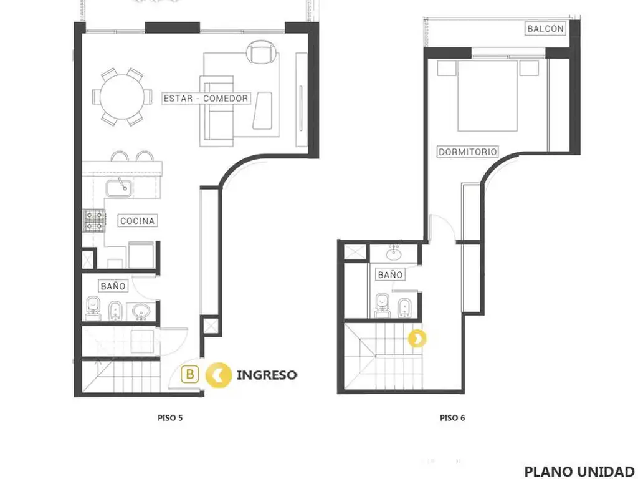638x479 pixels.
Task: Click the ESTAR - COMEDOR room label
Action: pyautogui.click(x=206, y=98)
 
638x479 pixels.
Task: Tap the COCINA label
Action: pyautogui.click(x=138, y=221)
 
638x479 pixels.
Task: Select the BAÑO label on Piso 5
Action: pyautogui.click(x=113, y=286)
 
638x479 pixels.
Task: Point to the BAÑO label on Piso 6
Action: pyautogui.click(x=390, y=274)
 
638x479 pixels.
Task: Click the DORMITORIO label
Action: pyautogui.click(x=468, y=152)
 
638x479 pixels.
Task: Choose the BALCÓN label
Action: pyautogui.click(x=545, y=29)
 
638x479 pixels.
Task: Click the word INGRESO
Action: pyautogui.click(x=267, y=375)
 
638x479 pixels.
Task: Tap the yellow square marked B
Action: pyautogui.click(x=190, y=374)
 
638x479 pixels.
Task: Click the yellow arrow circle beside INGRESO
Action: pyautogui.click(x=219, y=375)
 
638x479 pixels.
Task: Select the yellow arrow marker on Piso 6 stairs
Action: pyautogui.click(x=417, y=338)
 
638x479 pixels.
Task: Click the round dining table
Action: pyautogui.click(x=121, y=97)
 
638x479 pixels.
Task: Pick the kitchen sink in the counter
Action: pyautogui.click(x=119, y=188)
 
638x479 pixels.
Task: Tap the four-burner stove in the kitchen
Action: pyautogui.click(x=95, y=221)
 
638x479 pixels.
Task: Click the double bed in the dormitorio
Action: pyautogui.click(x=487, y=95)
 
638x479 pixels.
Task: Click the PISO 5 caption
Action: pyautogui.click(x=170, y=417)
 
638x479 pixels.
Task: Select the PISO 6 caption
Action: pyautogui.click(x=452, y=417)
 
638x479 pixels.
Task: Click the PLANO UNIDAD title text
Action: pyautogui.click(x=579, y=472)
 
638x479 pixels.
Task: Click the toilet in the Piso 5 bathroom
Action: pyautogui.click(x=93, y=308)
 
